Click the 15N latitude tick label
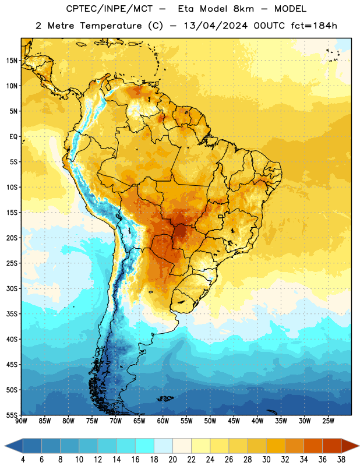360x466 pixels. click(11, 61)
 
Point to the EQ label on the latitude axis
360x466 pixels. click(13, 137)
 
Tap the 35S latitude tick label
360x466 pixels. click(12, 314)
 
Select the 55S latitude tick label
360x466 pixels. click(12, 415)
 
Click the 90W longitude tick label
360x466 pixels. click(21, 421)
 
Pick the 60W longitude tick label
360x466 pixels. click(163, 421)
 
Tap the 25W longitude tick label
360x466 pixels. click(328, 421)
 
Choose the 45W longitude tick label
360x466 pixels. click(234, 421)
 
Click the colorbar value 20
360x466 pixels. click(172, 460)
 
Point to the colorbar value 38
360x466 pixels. click(341, 460)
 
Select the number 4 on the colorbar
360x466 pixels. click(23, 460)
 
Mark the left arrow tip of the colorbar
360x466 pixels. click(5, 446)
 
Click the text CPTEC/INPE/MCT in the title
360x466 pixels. click(110, 9)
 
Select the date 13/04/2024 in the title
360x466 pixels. click(216, 26)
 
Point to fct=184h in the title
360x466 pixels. click(314, 26)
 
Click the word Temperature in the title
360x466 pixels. click(111, 26)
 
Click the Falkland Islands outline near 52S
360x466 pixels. click(165, 398)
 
